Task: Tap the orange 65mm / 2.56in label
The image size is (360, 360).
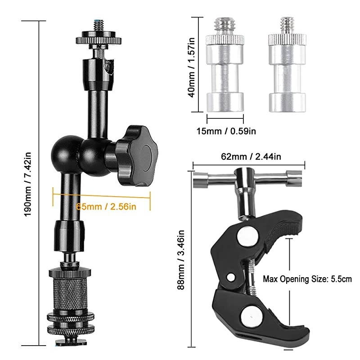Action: click(106, 207)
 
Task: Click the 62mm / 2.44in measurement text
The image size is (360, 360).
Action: click(250, 156)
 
